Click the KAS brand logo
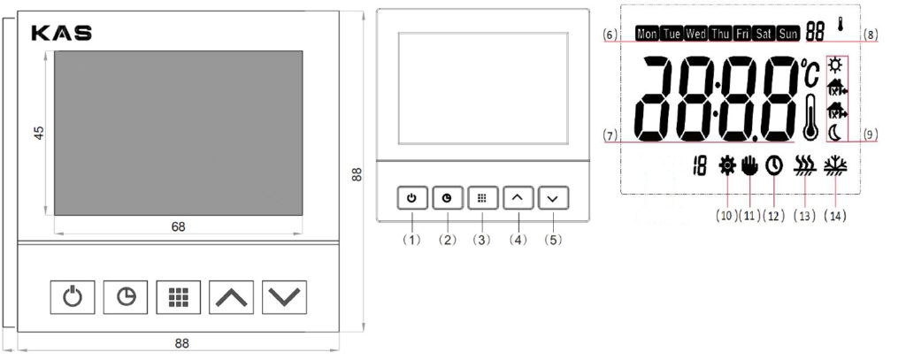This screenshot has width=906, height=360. [x=61, y=33]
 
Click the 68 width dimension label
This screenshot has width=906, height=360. [x=178, y=226]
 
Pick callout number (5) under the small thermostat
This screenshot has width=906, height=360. [x=552, y=239]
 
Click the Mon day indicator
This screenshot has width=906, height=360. [x=647, y=34]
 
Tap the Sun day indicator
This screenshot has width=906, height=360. [x=787, y=34]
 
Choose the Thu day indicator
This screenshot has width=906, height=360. [x=720, y=34]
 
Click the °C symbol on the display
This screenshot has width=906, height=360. [x=811, y=73]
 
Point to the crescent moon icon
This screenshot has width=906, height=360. [x=836, y=132]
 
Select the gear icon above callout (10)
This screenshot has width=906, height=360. [x=728, y=165]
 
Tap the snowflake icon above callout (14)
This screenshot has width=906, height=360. [x=833, y=165]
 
